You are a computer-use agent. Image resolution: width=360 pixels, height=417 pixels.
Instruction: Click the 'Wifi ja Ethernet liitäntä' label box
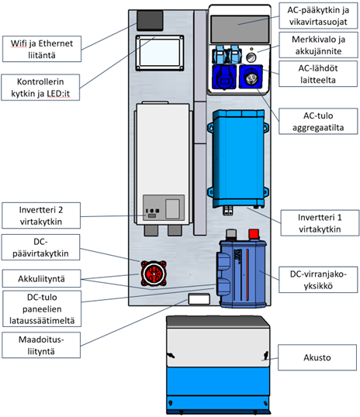click(42, 49)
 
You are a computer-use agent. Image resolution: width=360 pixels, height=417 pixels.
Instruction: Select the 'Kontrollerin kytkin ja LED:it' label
click(40, 88)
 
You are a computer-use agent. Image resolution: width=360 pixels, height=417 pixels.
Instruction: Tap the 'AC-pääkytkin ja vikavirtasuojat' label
click(318, 16)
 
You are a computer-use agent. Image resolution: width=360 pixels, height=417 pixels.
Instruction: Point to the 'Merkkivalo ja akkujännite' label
click(318, 45)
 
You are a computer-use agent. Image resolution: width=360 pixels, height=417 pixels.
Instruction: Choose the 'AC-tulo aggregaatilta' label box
click(318, 121)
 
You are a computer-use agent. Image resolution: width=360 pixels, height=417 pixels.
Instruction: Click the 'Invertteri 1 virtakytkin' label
click(320, 223)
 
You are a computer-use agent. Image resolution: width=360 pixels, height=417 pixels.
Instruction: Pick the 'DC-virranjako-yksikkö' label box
click(318, 280)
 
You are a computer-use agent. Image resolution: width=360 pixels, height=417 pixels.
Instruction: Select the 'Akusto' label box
click(317, 357)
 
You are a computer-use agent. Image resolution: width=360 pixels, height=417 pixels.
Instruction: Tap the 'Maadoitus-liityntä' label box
click(41, 345)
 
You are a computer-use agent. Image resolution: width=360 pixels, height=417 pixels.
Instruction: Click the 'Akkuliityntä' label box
click(41, 278)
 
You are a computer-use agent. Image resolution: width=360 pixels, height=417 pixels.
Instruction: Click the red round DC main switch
click(154, 273)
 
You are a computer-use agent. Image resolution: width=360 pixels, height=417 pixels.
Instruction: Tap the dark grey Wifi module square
click(150, 20)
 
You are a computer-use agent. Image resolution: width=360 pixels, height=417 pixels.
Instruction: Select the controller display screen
click(160, 53)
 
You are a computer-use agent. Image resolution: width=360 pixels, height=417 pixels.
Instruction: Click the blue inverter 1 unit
click(238, 159)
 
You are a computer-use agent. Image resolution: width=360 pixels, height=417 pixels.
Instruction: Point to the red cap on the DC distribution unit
click(254, 233)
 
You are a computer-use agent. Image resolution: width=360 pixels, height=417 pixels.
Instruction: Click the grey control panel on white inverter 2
click(164, 208)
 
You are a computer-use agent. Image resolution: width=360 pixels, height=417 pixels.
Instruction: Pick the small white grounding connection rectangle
click(199, 298)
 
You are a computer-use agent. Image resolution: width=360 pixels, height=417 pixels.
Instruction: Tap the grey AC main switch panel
click(240, 29)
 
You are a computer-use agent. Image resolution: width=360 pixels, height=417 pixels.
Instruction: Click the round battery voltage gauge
click(251, 57)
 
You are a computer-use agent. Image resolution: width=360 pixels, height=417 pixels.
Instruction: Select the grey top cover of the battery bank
click(217, 321)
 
